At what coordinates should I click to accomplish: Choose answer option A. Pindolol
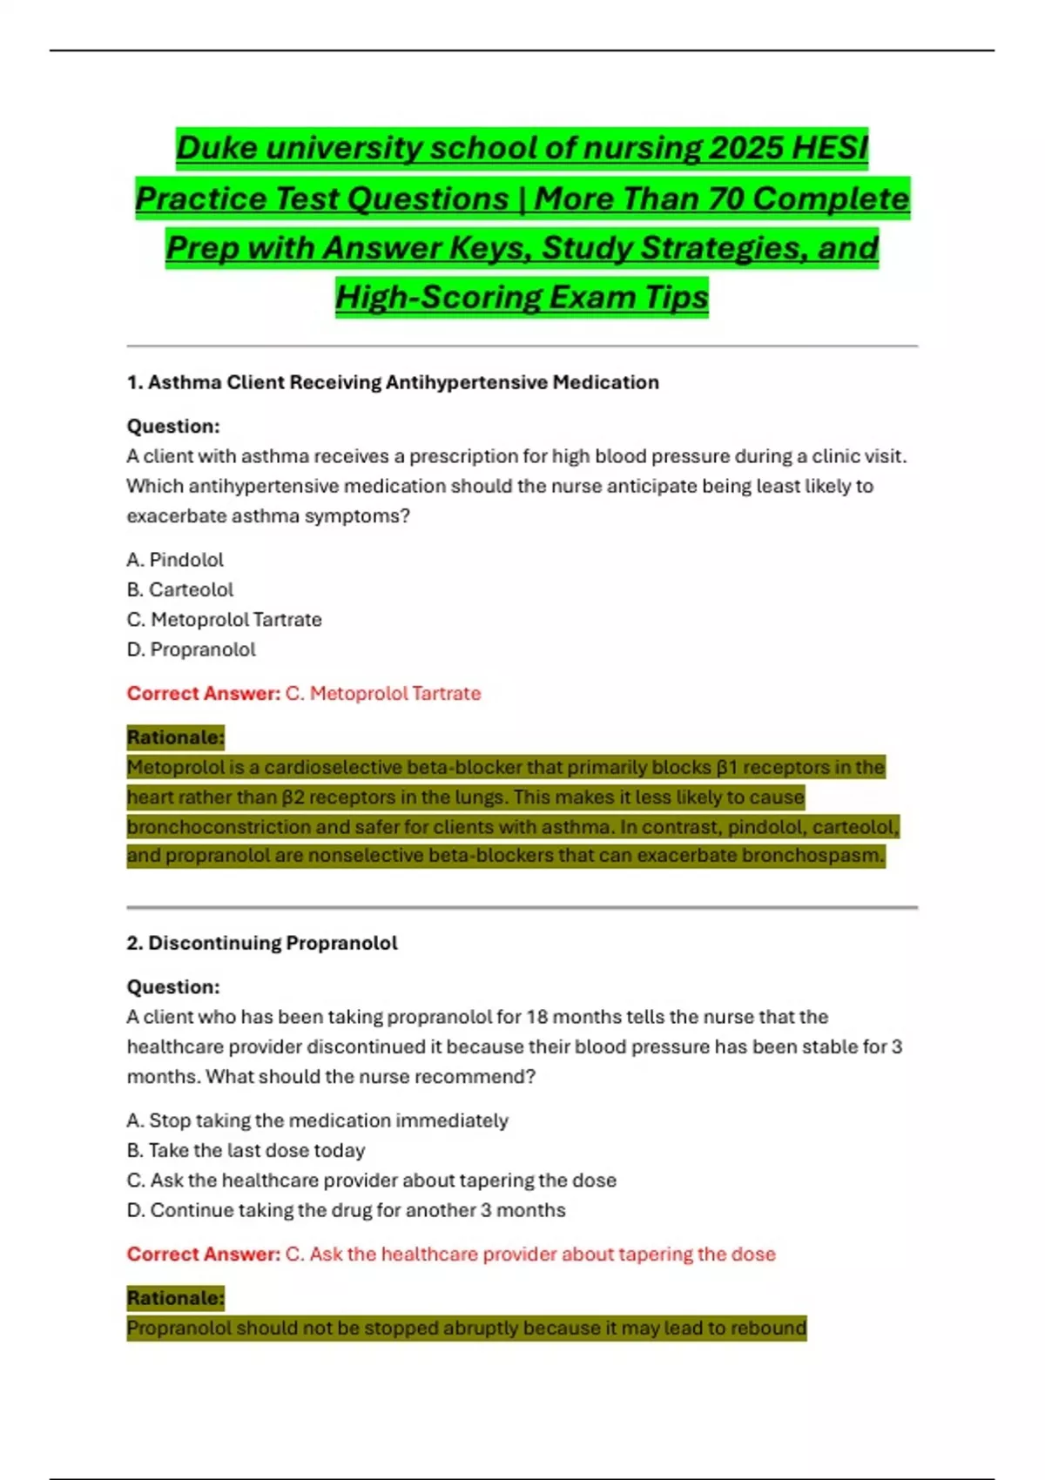click(175, 560)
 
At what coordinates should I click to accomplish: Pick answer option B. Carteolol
click(180, 589)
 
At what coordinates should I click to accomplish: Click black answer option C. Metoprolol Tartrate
click(225, 619)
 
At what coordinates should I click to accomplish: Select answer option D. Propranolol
click(192, 649)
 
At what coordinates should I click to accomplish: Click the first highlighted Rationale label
click(175, 737)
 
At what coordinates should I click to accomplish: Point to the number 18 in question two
click(536, 1017)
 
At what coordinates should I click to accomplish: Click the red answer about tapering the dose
click(529, 1254)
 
